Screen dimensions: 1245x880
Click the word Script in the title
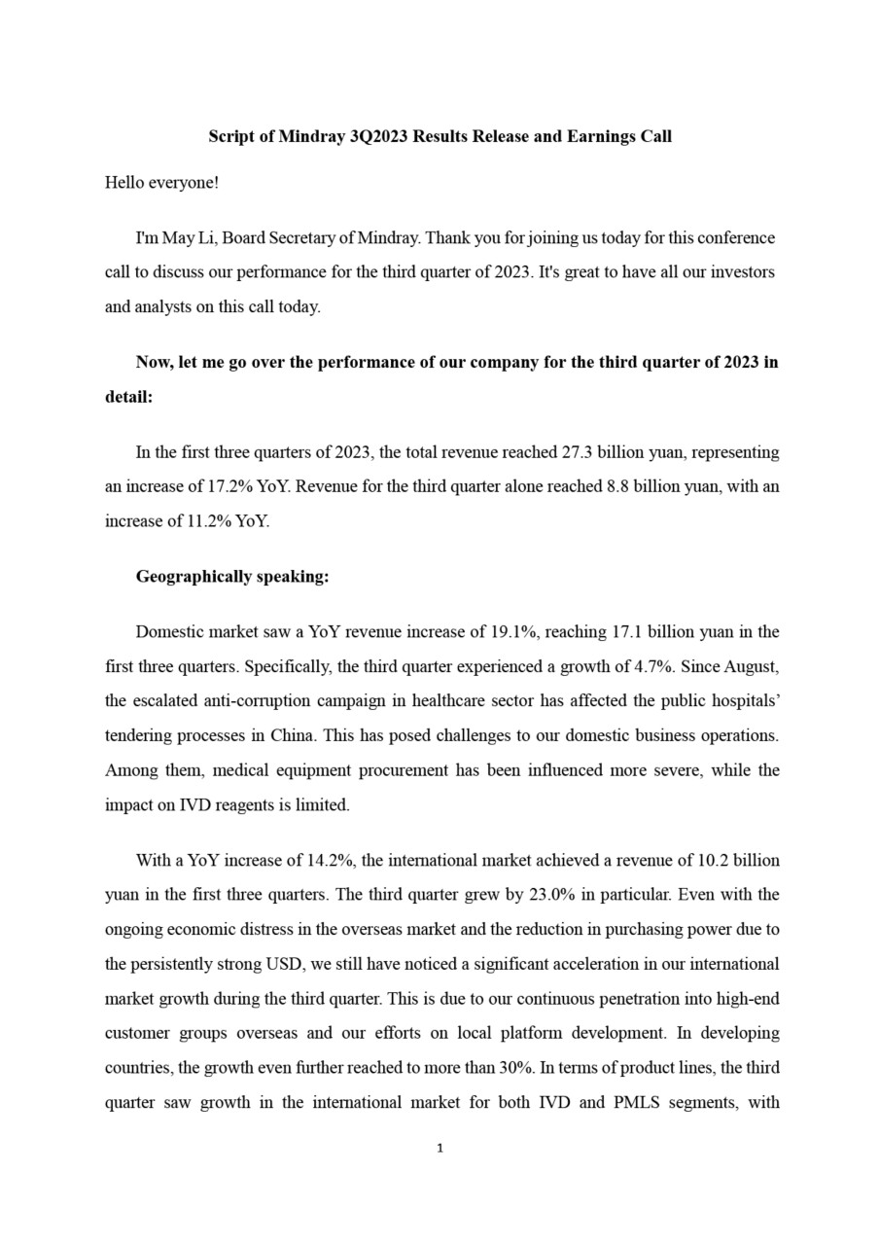coord(231,136)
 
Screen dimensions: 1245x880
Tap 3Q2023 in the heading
coord(379,136)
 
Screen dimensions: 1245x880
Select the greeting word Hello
coord(125,182)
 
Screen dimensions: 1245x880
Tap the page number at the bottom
coord(440,1149)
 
